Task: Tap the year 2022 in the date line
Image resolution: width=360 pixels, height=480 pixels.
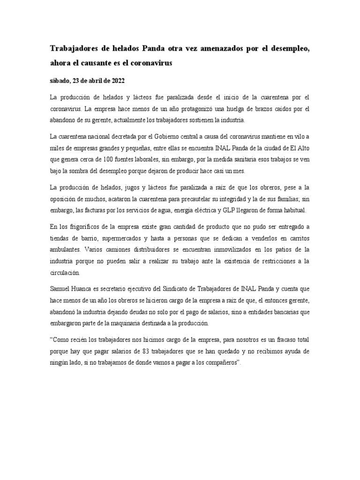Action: [x=116, y=80]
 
